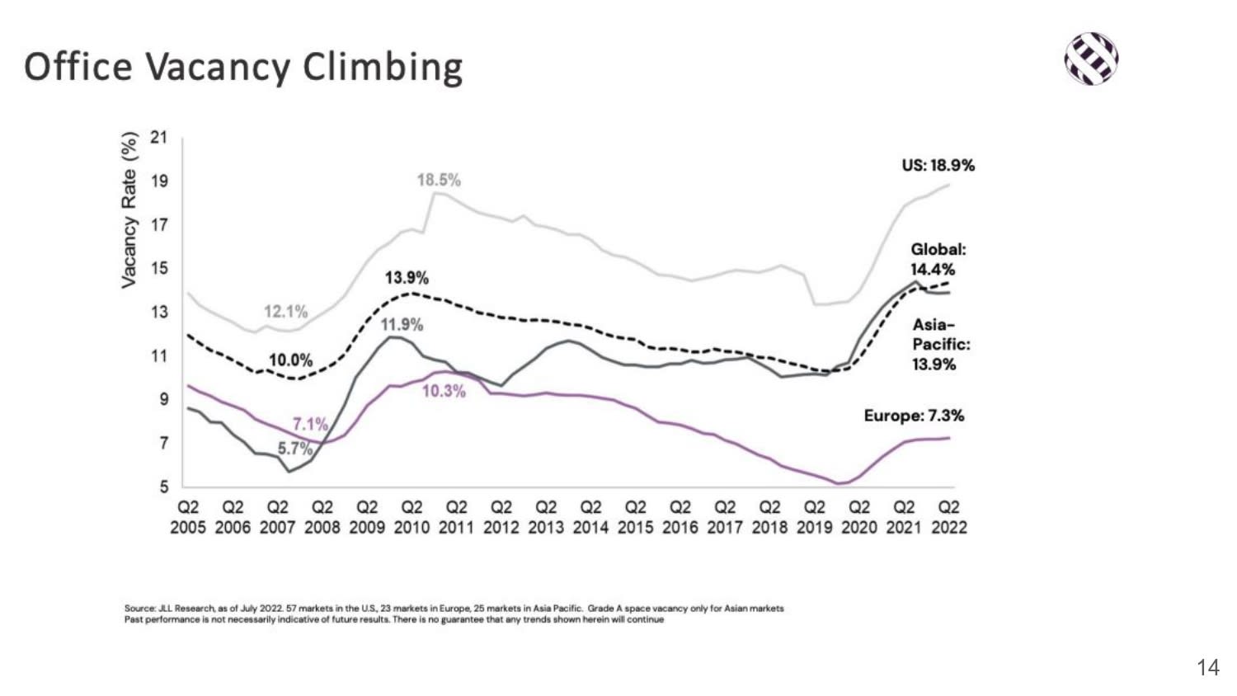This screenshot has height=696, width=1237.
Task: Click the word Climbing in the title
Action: pyautogui.click(x=383, y=67)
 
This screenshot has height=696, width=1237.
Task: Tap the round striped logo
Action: pyautogui.click(x=1091, y=59)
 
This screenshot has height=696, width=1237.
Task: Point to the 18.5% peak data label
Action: pyautogui.click(x=439, y=180)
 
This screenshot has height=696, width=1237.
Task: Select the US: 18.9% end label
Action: pyautogui.click(x=938, y=165)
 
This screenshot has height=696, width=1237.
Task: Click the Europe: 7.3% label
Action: pyautogui.click(x=914, y=416)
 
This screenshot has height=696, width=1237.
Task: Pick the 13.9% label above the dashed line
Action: pyautogui.click(x=407, y=278)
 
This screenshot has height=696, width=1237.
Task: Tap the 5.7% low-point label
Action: pyautogui.click(x=294, y=449)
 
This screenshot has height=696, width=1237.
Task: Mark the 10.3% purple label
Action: pyautogui.click(x=444, y=391)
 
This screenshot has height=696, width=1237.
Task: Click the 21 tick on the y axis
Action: pyautogui.click(x=158, y=138)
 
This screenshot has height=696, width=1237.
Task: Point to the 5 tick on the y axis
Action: pyautogui.click(x=163, y=487)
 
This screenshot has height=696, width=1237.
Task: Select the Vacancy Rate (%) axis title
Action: pyautogui.click(x=129, y=210)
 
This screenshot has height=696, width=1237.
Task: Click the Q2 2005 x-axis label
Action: pyautogui.click(x=188, y=517)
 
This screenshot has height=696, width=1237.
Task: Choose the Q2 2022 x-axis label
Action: pyautogui.click(x=949, y=517)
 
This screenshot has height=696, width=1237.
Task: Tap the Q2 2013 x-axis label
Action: pyautogui.click(x=546, y=517)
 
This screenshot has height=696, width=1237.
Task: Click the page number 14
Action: pyautogui.click(x=1207, y=667)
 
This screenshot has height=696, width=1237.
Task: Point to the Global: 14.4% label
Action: pyautogui.click(x=937, y=259)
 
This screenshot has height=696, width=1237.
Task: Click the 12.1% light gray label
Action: pyautogui.click(x=285, y=312)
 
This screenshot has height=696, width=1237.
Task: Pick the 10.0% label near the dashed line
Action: pyautogui.click(x=290, y=360)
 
